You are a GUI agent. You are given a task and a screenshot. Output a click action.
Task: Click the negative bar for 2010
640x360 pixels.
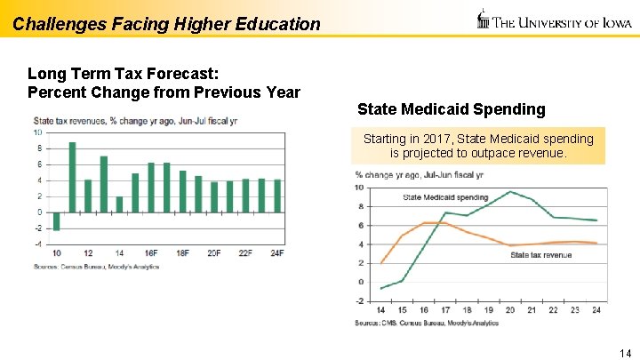[x=57, y=221]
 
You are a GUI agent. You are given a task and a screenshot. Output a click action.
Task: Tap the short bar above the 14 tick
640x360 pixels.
[x=119, y=204]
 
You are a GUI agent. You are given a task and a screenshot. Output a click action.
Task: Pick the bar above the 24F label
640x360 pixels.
[x=277, y=196]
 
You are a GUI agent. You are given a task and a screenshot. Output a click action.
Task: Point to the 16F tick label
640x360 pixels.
[x=151, y=253]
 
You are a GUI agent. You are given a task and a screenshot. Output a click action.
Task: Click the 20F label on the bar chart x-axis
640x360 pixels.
[x=214, y=253]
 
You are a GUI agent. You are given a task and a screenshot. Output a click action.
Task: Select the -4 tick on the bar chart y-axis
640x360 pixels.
[x=37, y=244]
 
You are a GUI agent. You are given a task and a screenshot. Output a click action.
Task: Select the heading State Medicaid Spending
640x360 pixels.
[x=451, y=109]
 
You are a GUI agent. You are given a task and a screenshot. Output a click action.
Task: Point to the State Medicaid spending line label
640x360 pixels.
[x=445, y=196]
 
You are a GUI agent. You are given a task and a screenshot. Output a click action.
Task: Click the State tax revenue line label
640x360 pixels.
[x=540, y=255]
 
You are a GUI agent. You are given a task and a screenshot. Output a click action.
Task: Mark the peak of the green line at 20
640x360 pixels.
[x=510, y=191]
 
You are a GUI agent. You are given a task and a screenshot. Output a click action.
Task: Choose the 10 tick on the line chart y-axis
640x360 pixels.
[x=358, y=188]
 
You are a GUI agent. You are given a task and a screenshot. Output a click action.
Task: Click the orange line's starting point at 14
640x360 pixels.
[x=381, y=262]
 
